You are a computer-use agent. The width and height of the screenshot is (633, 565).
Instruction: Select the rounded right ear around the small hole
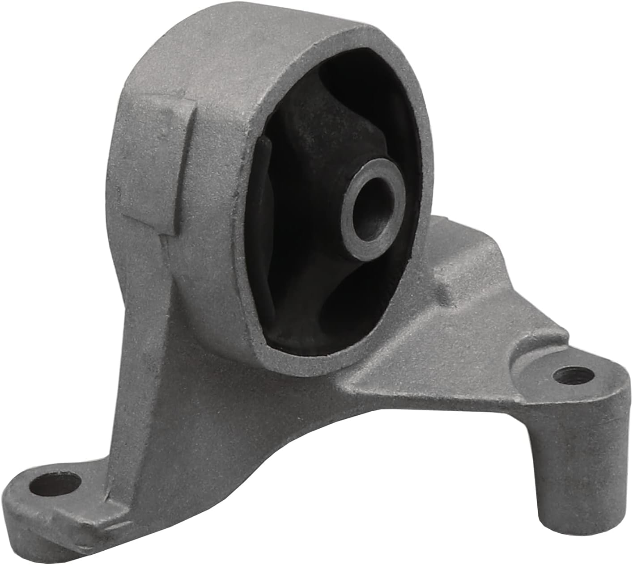pyautogui.click(x=595, y=384)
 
